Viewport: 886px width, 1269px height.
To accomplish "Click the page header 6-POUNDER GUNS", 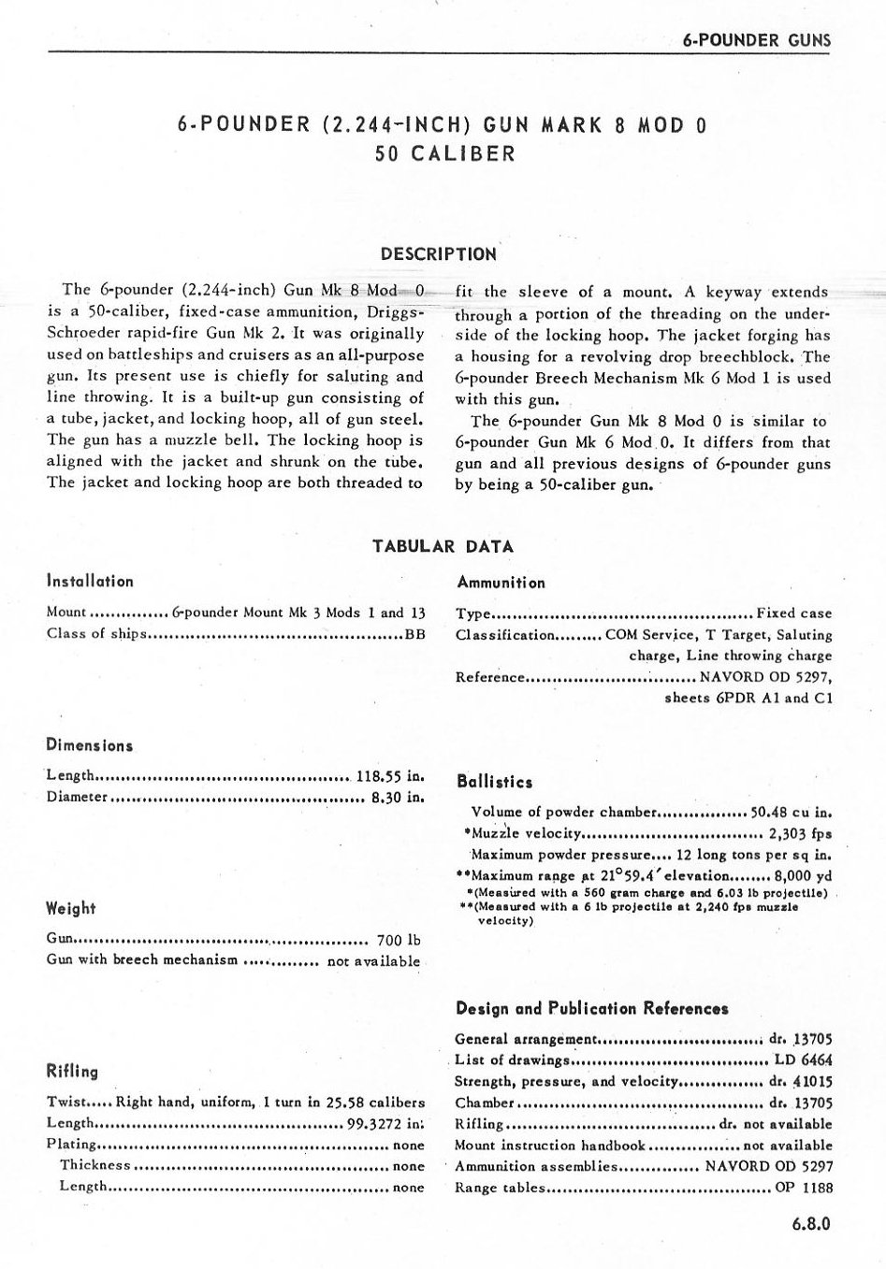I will [x=756, y=41].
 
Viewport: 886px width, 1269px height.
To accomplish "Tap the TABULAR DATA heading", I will [x=443, y=546].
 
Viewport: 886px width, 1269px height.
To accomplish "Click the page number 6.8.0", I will [x=809, y=1222].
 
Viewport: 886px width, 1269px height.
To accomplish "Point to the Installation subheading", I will [x=90, y=581].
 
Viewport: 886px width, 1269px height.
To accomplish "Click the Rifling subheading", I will [x=72, y=1072].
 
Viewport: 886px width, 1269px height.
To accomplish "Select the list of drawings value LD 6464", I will [x=804, y=1060].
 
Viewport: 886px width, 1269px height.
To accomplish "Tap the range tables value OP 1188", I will [x=804, y=1189].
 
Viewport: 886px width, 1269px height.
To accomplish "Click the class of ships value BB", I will [x=414, y=635].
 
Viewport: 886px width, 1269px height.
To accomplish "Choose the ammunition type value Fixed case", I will [x=793, y=613].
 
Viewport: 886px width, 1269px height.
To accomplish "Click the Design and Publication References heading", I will [x=591, y=1008].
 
